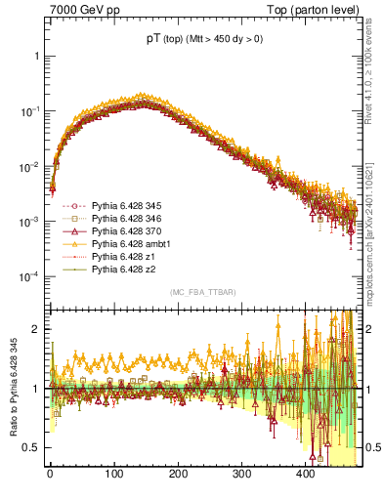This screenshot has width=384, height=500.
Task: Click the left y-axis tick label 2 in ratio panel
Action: point(36,329)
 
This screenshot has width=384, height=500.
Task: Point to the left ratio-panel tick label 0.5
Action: point(32,447)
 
